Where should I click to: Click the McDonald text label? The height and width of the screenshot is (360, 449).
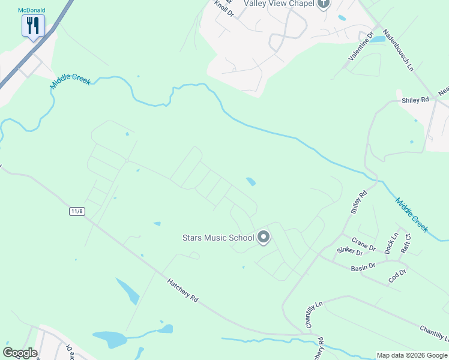tap(32, 10)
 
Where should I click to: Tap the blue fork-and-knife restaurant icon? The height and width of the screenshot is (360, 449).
tap(32, 26)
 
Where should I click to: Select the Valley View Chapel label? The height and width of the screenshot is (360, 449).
tap(279, 4)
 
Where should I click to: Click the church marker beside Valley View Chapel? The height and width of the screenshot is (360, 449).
tap(324, 4)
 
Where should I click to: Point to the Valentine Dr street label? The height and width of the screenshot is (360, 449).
tap(361, 46)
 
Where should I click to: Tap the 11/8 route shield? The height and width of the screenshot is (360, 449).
tap(76, 211)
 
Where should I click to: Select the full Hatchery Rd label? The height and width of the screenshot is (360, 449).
tap(182, 289)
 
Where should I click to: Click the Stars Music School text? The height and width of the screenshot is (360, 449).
tap(218, 238)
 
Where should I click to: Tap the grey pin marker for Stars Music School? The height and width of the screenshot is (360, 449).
tap(263, 238)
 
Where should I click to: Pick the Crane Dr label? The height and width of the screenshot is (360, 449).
tap(364, 244)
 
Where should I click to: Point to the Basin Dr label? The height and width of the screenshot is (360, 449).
tap(363, 266)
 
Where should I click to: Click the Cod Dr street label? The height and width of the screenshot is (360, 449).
tap(397, 275)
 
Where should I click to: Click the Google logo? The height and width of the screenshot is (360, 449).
tap(20, 353)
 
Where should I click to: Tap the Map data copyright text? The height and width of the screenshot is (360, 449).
tap(411, 355)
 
